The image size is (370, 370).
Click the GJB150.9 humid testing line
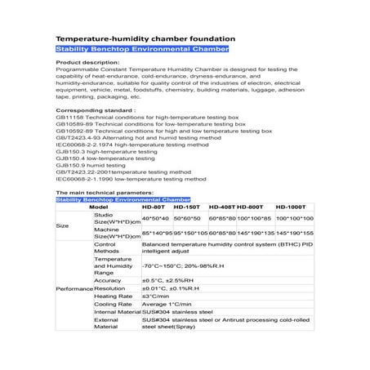90,163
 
